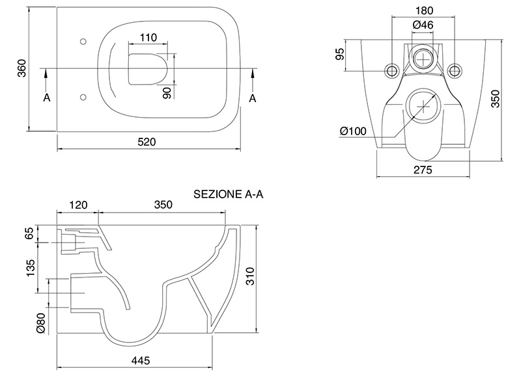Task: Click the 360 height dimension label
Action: point(21,68)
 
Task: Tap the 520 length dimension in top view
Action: point(148,142)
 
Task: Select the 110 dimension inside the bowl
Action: point(149,38)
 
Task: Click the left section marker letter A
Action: point(46,97)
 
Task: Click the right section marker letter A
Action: point(253,97)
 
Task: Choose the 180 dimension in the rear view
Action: point(424,11)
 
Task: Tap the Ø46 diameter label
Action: point(424,25)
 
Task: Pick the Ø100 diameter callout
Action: point(353,131)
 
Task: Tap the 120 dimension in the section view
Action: point(78,205)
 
